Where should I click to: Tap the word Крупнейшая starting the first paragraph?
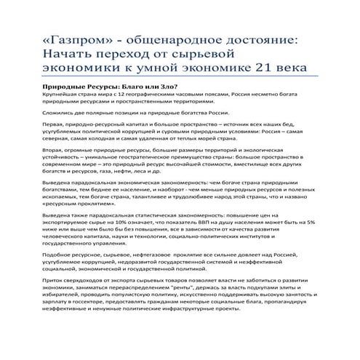[60, 96]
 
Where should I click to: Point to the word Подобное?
[60, 285]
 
